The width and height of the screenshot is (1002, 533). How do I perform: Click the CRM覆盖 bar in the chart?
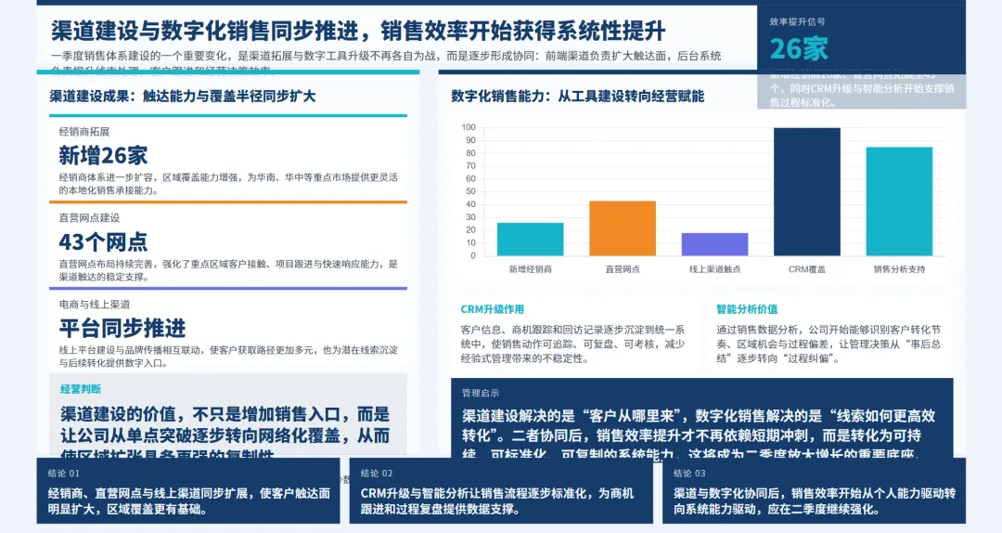tap(806, 191)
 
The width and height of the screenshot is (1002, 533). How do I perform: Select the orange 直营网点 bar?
tap(623, 228)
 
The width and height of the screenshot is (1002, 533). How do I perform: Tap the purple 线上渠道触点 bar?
tap(714, 244)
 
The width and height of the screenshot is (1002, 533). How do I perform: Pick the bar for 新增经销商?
tap(530, 239)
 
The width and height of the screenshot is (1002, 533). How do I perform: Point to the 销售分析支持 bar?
tap(899, 201)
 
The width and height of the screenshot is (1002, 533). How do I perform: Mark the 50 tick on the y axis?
tap(469, 191)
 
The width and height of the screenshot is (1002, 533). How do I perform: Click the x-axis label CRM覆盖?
tap(806, 269)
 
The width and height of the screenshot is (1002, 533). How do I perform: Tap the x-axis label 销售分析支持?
tap(899, 269)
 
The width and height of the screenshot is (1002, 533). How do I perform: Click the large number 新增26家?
tap(103, 155)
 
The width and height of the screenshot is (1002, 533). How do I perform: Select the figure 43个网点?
tap(103, 242)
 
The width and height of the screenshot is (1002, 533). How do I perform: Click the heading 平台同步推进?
tap(122, 328)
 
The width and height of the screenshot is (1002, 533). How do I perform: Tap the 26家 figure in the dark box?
tap(799, 48)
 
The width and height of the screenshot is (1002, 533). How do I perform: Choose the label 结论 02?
tap(377, 473)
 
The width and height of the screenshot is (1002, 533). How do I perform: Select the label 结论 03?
tap(689, 473)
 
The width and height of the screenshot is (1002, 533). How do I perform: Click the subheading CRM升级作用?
tap(492, 309)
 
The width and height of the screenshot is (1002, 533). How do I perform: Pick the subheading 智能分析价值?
tap(747, 309)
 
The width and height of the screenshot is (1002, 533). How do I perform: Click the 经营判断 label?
tap(81, 389)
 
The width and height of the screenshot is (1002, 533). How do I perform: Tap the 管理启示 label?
tap(481, 393)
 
